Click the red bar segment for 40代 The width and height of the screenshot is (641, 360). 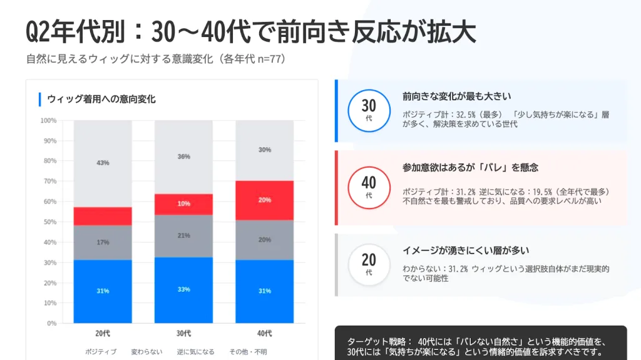click(264, 200)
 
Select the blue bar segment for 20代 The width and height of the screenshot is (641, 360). click(103, 291)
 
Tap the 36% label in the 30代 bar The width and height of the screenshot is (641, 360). click(183, 157)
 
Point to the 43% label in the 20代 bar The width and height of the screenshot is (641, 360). click(103, 163)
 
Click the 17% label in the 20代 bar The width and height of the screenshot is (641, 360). click(103, 242)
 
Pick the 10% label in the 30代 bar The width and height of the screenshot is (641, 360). click(183, 203)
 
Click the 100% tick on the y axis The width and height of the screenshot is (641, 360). click(48, 120)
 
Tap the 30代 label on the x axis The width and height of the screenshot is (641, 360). click(183, 332)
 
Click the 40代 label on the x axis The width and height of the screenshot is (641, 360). click(264, 332)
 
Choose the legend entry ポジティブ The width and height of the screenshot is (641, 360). click(100, 352)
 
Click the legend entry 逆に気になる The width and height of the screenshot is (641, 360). click(195, 352)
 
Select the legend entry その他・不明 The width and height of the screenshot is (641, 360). click(248, 352)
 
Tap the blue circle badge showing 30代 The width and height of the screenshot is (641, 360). click(369, 110)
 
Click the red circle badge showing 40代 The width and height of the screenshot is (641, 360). click(369, 187)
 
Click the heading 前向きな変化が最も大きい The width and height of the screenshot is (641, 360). click(457, 96)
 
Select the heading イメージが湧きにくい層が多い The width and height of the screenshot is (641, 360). click(466, 250)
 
